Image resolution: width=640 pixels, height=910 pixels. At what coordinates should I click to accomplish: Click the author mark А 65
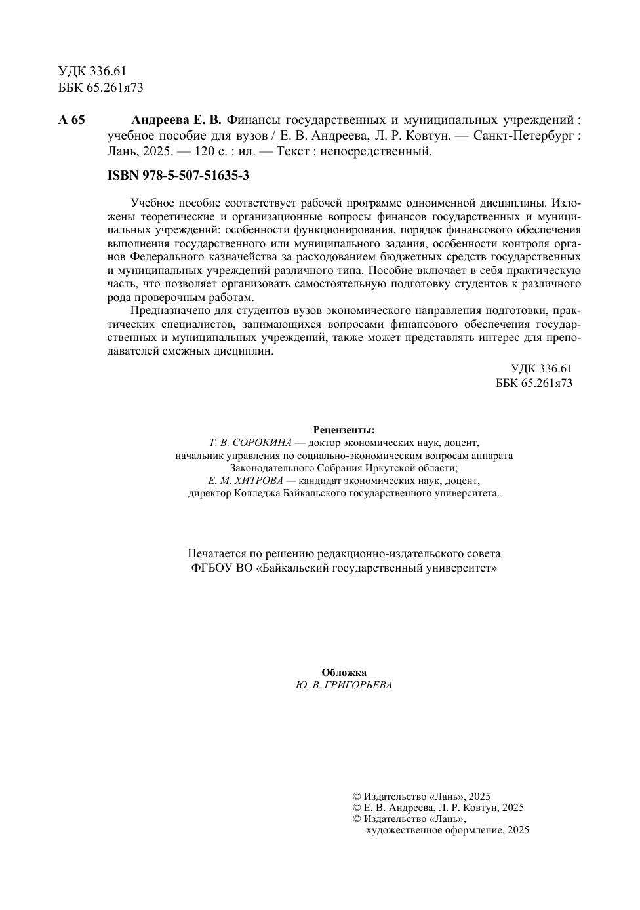(72, 120)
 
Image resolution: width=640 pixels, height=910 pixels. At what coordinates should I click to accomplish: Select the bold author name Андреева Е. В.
(177, 120)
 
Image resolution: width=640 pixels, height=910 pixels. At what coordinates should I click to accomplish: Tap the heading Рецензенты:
(344, 430)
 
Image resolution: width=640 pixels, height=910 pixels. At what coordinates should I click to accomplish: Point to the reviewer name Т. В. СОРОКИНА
(250, 443)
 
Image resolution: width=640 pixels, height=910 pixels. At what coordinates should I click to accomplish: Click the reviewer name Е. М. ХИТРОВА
(241, 481)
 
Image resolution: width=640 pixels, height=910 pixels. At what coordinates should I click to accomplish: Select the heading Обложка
(344, 673)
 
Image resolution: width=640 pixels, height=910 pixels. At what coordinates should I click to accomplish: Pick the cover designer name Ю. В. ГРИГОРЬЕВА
(344, 685)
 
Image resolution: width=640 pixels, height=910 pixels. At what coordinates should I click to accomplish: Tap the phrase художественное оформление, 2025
(447, 830)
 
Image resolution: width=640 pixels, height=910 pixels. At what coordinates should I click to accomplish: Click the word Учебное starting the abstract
(151, 203)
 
